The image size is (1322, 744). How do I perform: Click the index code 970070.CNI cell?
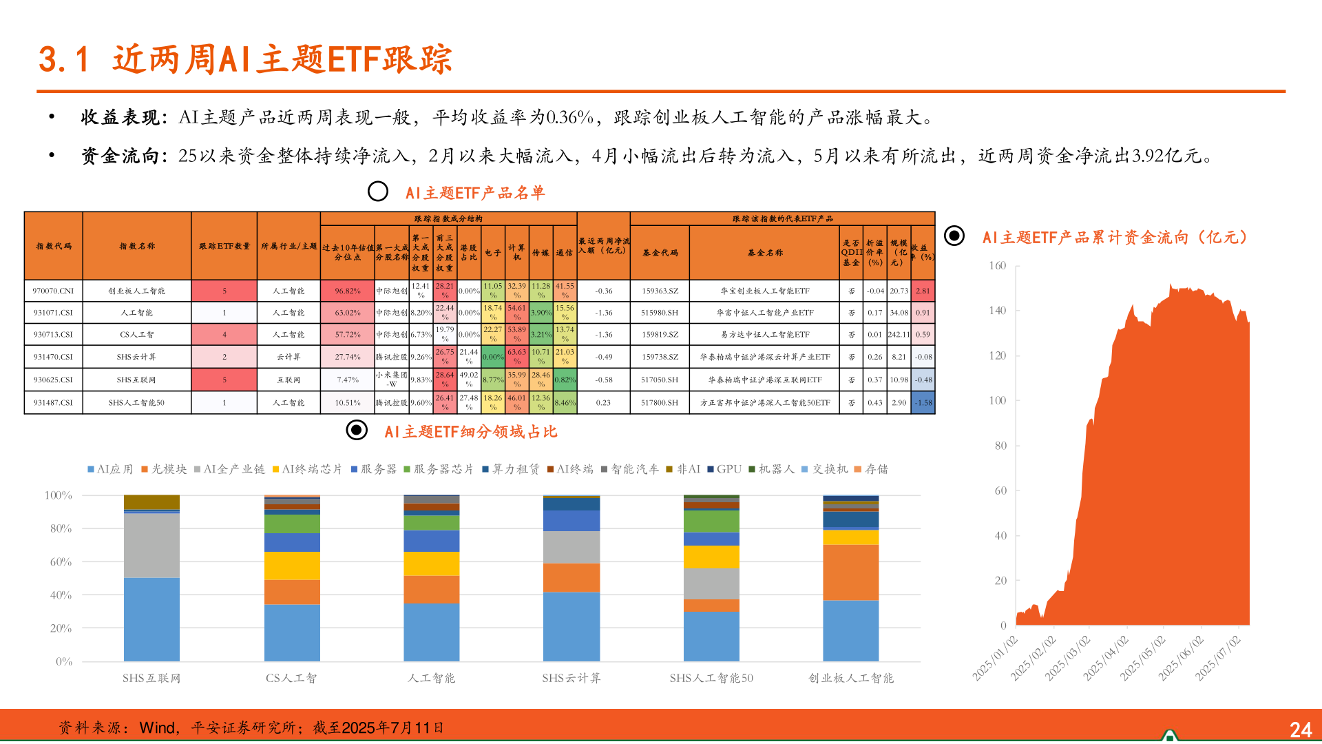pyautogui.click(x=53, y=291)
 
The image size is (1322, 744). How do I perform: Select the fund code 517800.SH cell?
pyautogui.click(x=659, y=402)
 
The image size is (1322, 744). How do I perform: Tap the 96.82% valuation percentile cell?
pyautogui.click(x=348, y=291)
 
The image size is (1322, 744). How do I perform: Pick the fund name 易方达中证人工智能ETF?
pyautogui.click(x=764, y=334)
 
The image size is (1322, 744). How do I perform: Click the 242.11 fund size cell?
pyautogui.click(x=899, y=334)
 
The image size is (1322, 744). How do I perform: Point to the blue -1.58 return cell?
pyautogui.click(x=923, y=402)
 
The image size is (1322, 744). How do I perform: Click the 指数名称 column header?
pyautogui.click(x=137, y=246)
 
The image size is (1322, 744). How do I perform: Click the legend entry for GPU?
pyautogui.click(x=728, y=469)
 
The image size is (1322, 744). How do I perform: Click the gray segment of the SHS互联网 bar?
pyautogui.click(x=151, y=545)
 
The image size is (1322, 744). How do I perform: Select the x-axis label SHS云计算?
pyautogui.click(x=571, y=678)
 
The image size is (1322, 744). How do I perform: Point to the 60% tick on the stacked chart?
pyautogui.click(x=61, y=561)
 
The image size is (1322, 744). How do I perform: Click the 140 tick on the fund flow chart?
pyautogui.click(x=997, y=311)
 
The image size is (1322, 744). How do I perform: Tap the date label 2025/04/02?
pyautogui.click(x=1106, y=659)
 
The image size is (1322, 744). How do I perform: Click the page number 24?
pyautogui.click(x=1300, y=730)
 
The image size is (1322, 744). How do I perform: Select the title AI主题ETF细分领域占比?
pyautogui.click(x=470, y=432)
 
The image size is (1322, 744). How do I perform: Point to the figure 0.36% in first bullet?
pyautogui.click(x=569, y=118)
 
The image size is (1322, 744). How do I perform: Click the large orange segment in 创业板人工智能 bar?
pyautogui.click(x=850, y=572)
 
